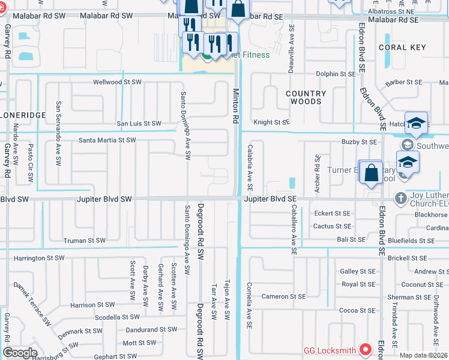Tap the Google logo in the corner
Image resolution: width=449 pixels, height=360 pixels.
coord(20,353)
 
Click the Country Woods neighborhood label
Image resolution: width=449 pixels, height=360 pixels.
coord(306,97)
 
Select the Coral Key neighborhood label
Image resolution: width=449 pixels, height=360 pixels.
coord(402,47)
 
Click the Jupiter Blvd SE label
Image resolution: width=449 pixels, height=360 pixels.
coord(271,199)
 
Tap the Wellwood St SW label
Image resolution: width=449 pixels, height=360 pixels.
coord(117,82)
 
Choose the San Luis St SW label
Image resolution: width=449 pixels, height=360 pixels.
coord(139,124)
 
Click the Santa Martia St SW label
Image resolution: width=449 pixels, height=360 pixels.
coord(107,140)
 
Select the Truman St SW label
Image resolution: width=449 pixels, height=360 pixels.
coord(85,241)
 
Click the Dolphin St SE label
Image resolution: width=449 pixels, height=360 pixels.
coord(336,74)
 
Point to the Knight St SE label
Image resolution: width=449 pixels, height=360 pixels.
coord(271,122)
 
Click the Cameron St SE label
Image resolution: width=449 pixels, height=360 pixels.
coord(283,296)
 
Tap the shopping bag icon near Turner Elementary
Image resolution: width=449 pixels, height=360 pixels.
coord(372,172)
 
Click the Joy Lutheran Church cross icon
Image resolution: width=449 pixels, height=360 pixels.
coord(400,197)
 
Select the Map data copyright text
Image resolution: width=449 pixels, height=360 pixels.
coord(423,355)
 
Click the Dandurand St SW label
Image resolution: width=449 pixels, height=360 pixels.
coord(151,329)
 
